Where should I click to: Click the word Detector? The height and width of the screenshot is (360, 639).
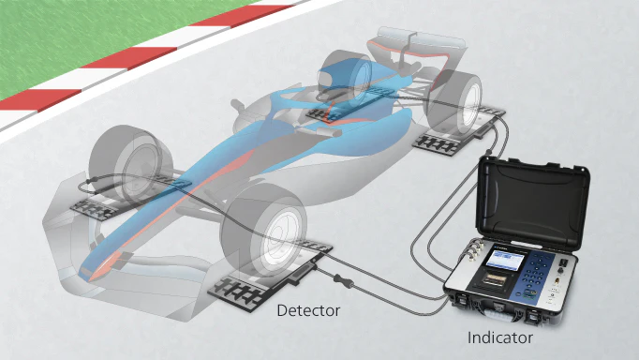308,310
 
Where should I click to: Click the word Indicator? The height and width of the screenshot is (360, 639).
500,337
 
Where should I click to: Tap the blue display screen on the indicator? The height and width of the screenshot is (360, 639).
505,262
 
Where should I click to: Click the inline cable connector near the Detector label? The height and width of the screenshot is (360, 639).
343,281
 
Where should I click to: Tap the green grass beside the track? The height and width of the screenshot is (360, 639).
82,37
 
